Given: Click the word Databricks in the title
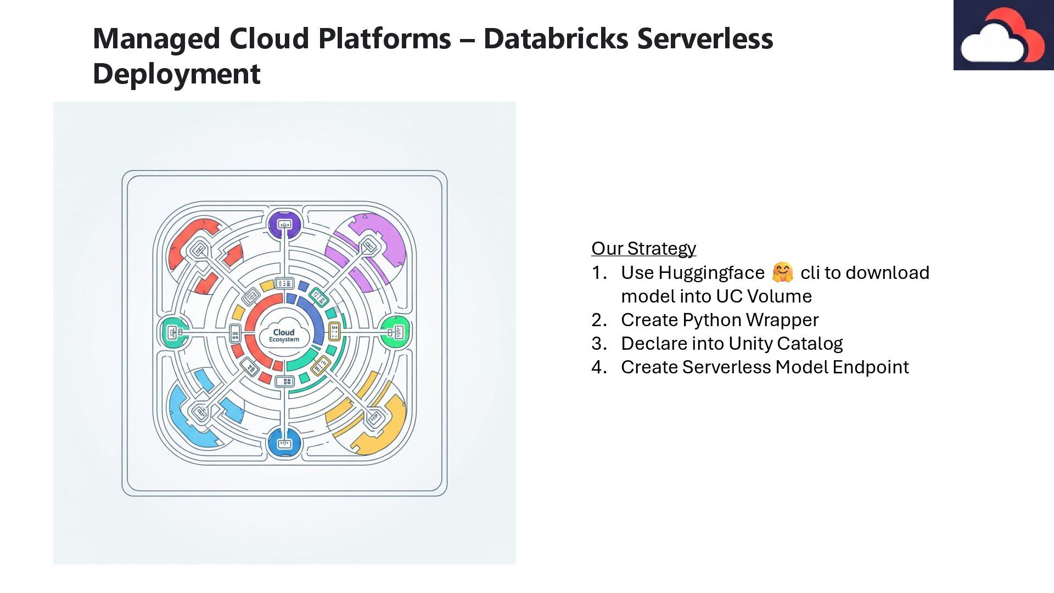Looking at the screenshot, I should pos(556,38).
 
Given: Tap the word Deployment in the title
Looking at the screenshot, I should pos(176,74).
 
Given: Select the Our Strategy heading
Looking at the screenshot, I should pos(643,248).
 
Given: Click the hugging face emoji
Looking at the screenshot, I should pos(782,272).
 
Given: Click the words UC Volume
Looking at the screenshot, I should pos(764,296).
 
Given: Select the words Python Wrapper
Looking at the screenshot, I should pos(750,320).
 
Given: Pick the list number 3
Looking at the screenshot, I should pos(598,343).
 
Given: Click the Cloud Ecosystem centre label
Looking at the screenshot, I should pos(284,335).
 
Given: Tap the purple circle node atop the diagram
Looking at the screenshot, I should pos(284,224).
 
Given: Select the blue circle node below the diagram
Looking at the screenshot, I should pos(284,444).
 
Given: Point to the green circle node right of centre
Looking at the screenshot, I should pos(396,332).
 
